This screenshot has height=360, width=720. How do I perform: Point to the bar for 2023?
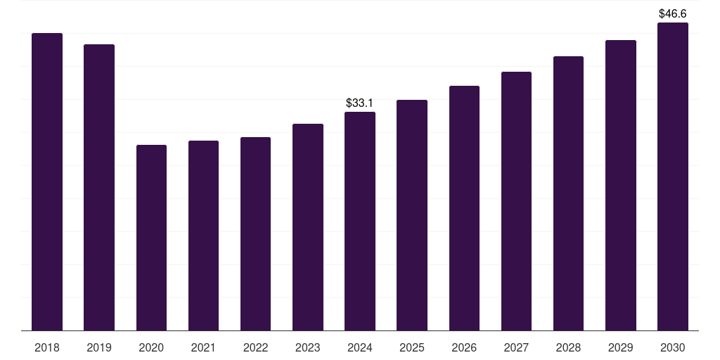coord(308,227)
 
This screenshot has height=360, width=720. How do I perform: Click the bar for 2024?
coord(360,221)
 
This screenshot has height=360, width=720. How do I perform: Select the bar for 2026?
coord(464,208)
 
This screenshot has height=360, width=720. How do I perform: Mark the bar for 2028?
coord(568,193)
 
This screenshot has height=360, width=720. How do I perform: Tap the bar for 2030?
coord(673,176)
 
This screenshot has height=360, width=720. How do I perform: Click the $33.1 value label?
coord(360,103)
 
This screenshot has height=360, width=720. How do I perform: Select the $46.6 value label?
coord(673,13)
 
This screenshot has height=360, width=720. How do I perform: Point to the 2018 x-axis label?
coord(47,347)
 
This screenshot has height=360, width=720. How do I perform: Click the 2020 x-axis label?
coord(151,347)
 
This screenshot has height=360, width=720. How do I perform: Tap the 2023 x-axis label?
coord(308,347)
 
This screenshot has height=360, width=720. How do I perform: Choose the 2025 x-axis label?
coord(412,347)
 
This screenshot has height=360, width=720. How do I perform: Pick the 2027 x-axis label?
coord(516,347)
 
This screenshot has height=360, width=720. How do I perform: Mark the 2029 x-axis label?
coord(621,347)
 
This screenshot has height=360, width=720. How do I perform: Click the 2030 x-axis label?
coord(673,347)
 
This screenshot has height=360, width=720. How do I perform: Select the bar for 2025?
coord(412,215)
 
